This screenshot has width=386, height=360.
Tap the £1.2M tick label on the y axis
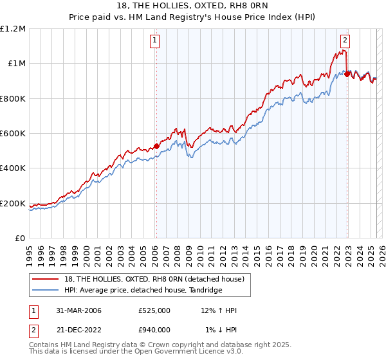point(13,29)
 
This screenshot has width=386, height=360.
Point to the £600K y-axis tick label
point(13,134)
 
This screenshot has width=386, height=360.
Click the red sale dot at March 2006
point(156,147)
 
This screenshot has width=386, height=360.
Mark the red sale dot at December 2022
point(347,74)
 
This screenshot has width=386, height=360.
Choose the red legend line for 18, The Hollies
point(46,280)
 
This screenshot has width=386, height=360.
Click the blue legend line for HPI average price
point(46,291)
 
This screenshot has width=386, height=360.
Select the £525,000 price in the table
point(154,310)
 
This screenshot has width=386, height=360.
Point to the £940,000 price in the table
point(154,330)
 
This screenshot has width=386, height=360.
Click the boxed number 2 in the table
point(33,330)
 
